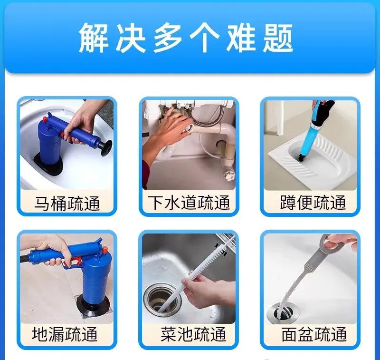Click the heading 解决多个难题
coord(186,38)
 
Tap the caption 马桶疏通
coord(67,203)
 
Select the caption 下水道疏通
coord(189,203)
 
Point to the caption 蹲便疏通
coord(313,202)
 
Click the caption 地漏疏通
coord(65,334)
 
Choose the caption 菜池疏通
coord(193,334)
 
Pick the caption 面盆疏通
coord(314,334)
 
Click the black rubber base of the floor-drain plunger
coord(93,308)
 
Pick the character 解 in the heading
coord(94,38)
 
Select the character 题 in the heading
coord(278,38)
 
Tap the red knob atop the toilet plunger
coord(45,119)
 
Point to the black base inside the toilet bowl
coord(48,165)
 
